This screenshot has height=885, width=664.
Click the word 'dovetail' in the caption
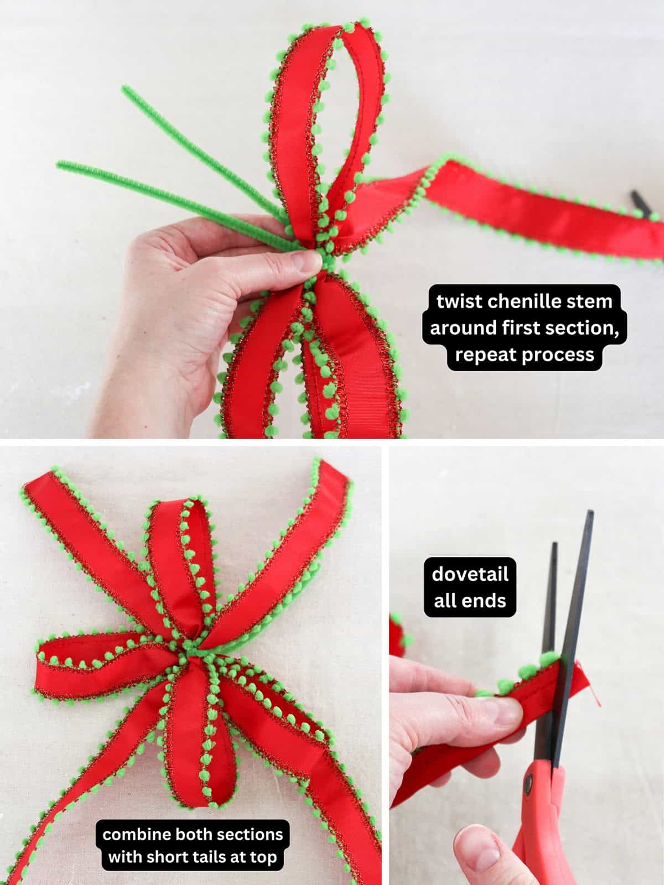coord(470,574)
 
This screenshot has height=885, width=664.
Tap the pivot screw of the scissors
coord(527,782)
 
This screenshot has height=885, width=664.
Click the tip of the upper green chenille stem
coord(124,88)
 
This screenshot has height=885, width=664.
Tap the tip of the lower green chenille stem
coord(59,163)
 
